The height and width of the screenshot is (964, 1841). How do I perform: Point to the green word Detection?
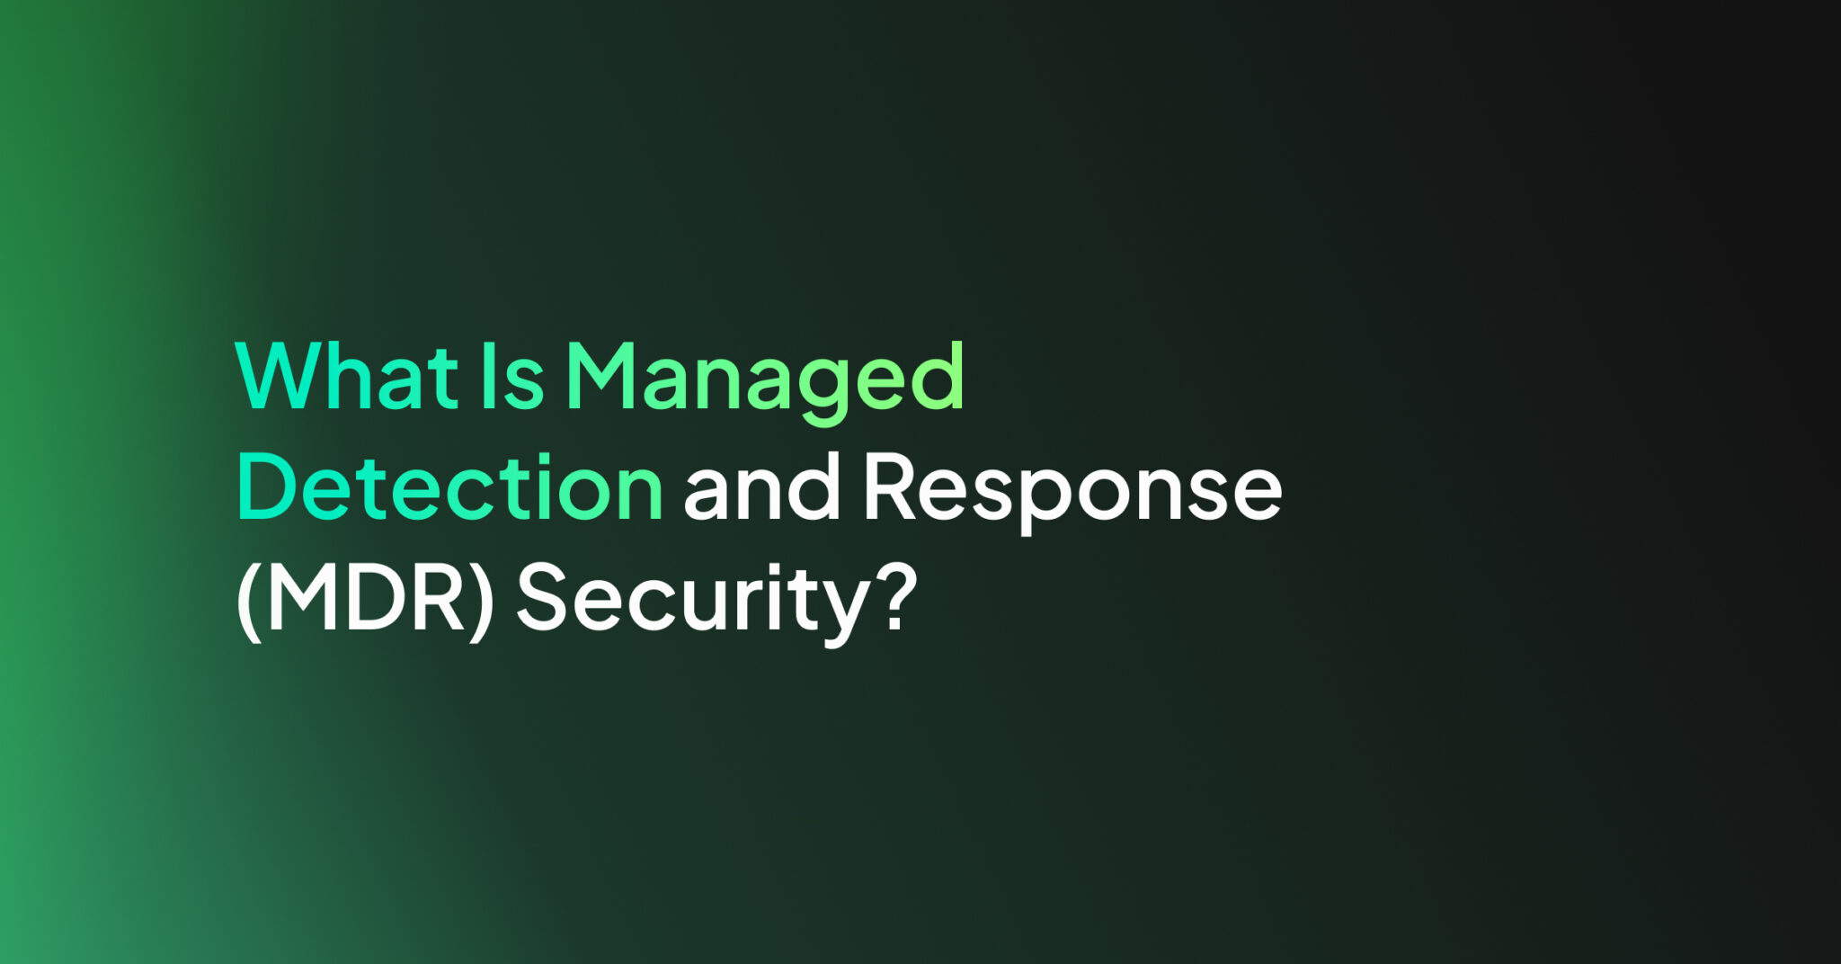pos(449,487)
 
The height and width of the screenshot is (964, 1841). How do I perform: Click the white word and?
pos(761,487)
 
